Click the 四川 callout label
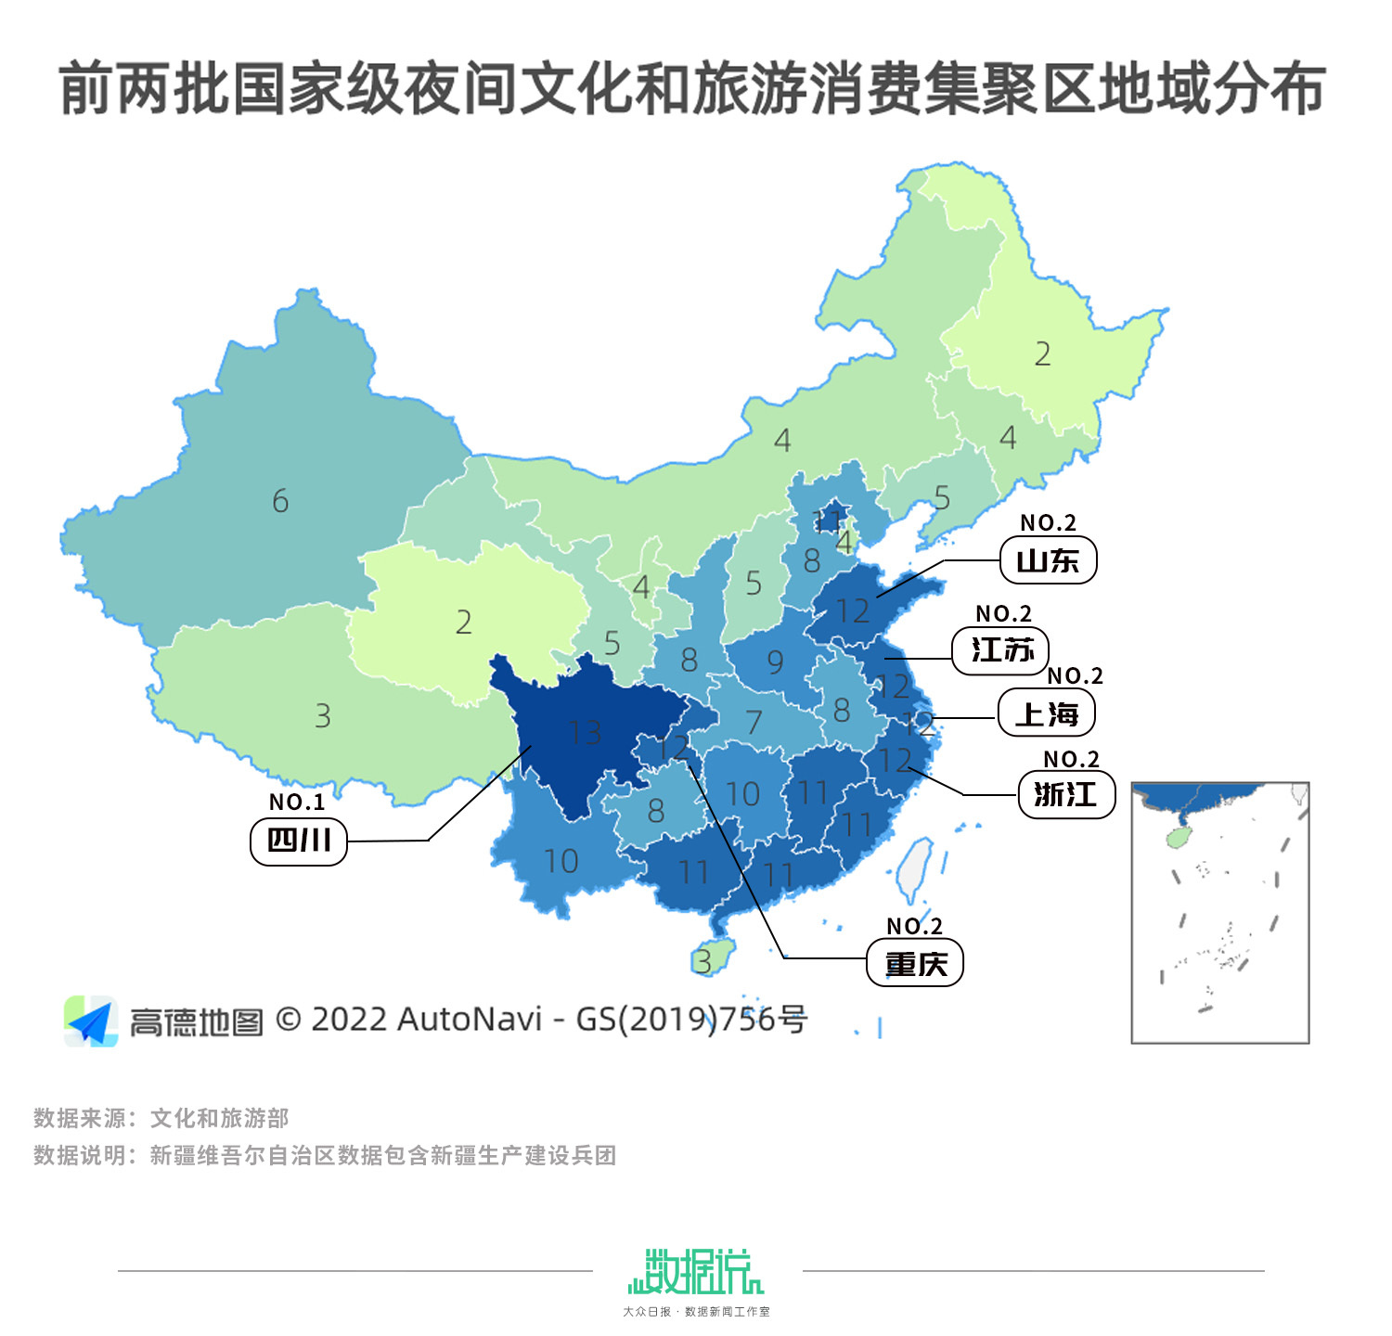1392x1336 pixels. [x=298, y=841]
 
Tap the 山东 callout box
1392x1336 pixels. [x=1048, y=560]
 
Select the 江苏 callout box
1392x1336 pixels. [x=1000, y=650]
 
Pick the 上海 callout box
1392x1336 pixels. [x=1047, y=714]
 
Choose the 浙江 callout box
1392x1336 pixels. [x=1066, y=795]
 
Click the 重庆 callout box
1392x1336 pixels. [x=915, y=964]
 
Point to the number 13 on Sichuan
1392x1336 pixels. [x=585, y=733]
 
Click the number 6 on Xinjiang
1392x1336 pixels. [x=280, y=502]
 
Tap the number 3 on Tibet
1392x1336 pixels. [x=323, y=716]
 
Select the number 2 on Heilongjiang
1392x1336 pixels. [x=1043, y=354]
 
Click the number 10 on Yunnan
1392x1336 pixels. [x=561, y=862]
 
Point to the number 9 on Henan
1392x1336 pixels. [x=775, y=662]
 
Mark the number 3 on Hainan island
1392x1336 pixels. [x=704, y=962]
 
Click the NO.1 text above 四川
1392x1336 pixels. [x=297, y=802]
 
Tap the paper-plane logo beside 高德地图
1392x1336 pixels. [x=91, y=1021]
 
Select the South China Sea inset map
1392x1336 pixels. [x=1219, y=912]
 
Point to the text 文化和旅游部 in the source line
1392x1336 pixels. [x=220, y=1118]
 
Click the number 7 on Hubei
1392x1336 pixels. [x=754, y=722]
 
